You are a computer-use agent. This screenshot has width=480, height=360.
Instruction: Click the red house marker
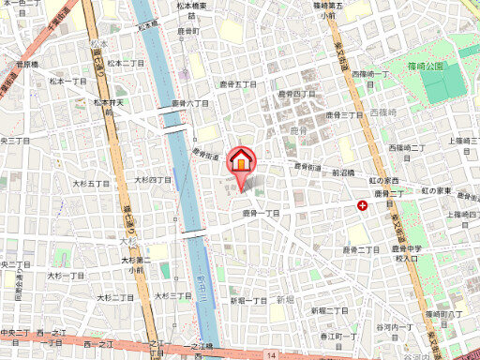(241, 159)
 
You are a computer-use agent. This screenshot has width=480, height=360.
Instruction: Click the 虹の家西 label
(384, 179)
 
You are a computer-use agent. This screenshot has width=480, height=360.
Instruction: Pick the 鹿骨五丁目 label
(237, 84)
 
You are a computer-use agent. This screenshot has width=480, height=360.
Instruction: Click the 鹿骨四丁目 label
(297, 94)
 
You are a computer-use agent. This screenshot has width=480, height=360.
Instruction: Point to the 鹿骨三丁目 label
(344, 113)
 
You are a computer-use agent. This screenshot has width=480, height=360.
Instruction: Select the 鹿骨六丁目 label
(189, 103)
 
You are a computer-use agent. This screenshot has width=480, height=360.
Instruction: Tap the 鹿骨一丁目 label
(262, 214)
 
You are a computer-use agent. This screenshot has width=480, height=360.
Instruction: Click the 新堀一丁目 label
(249, 300)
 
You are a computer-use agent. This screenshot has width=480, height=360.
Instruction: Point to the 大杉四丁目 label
(152, 179)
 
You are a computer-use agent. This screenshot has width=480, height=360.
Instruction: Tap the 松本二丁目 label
(124, 63)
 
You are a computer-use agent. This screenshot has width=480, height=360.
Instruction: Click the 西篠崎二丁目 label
(407, 148)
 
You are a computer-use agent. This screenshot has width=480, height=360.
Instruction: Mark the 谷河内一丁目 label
(393, 326)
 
